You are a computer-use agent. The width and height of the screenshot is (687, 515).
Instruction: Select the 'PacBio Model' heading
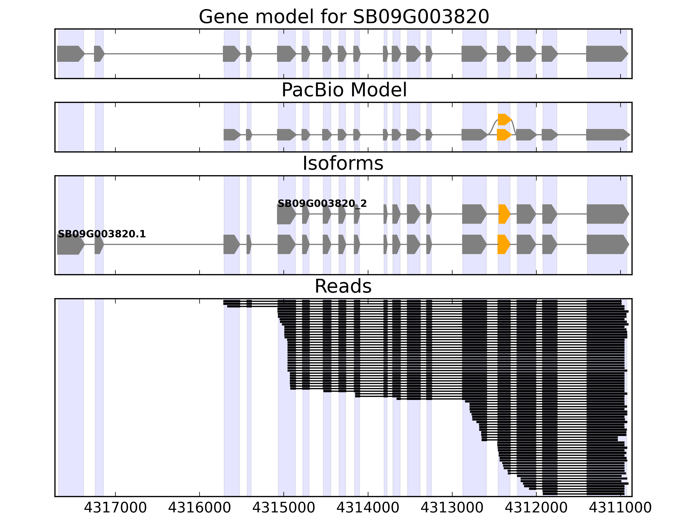tap(344, 90)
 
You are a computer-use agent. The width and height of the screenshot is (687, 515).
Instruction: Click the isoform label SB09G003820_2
tap(322, 204)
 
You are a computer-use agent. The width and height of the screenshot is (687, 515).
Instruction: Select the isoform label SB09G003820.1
tap(102, 234)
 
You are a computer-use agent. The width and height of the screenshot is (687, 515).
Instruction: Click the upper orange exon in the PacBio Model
tap(504, 120)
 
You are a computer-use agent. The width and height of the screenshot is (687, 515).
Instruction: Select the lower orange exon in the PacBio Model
tap(503, 135)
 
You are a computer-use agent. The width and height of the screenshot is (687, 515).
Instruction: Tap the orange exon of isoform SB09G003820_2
tap(504, 214)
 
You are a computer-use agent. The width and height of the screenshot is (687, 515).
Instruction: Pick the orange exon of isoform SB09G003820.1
tap(503, 244)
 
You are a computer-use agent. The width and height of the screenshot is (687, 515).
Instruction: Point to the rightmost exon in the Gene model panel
tap(606, 54)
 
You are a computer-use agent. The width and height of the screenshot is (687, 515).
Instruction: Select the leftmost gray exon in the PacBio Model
tap(232, 135)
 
